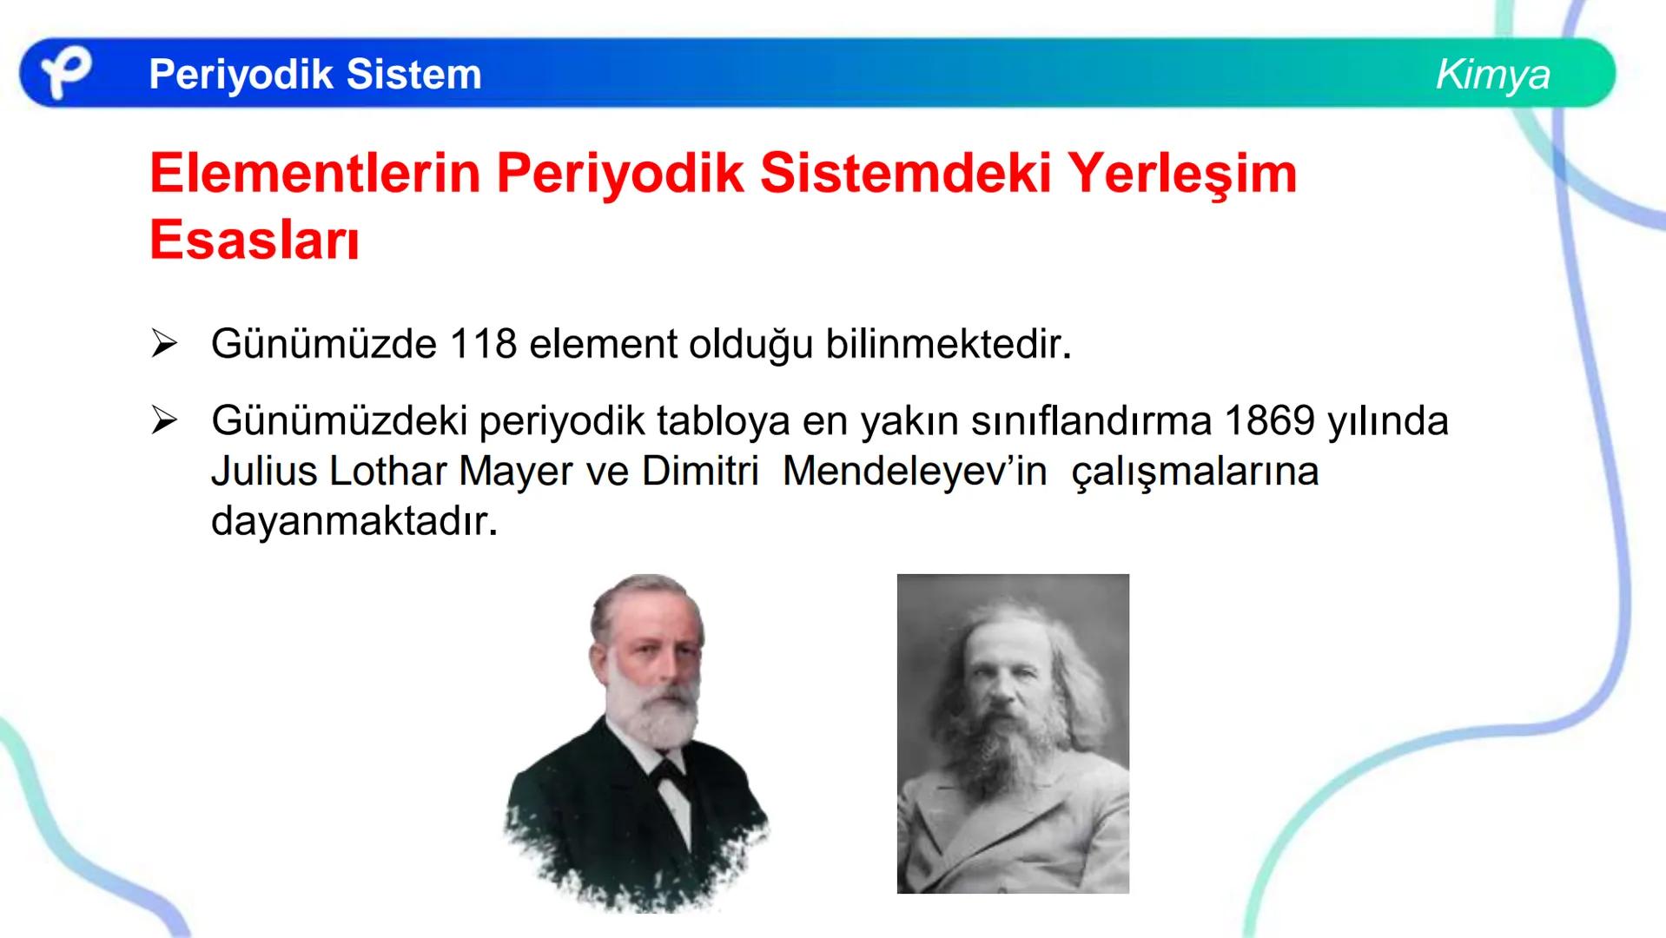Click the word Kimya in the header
click(1492, 74)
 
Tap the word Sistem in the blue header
click(413, 74)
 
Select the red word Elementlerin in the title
click(314, 173)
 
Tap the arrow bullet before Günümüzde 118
click(163, 344)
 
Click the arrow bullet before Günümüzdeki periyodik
click(163, 421)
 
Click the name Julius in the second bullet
click(263, 472)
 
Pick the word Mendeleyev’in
click(914, 472)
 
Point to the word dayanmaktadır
click(354, 522)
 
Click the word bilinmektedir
click(948, 344)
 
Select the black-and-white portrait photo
click(1013, 733)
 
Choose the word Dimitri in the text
click(700, 472)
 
